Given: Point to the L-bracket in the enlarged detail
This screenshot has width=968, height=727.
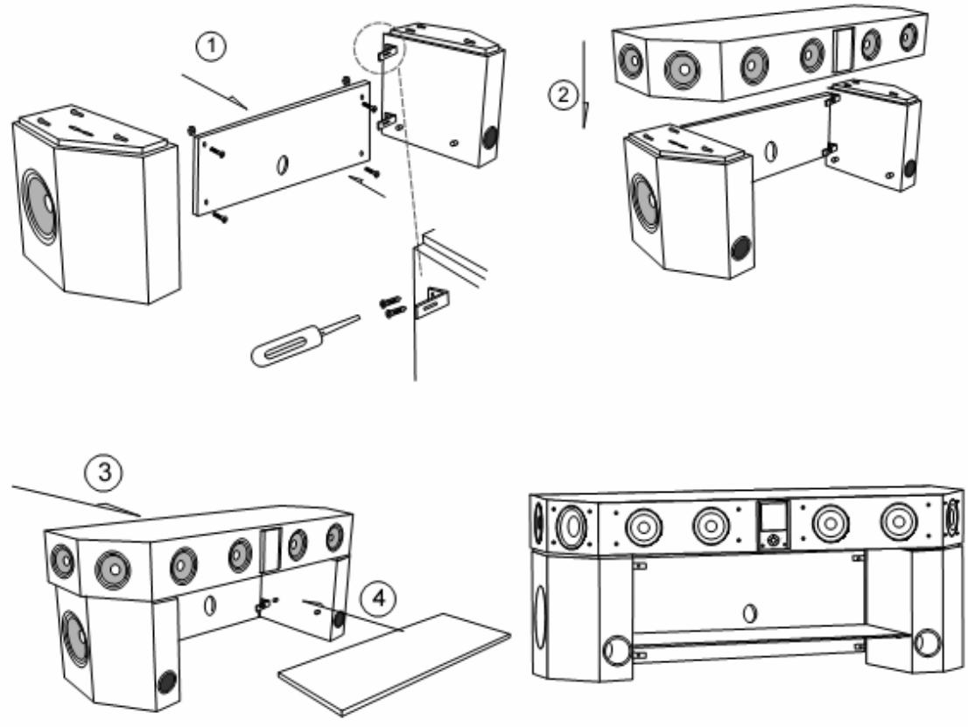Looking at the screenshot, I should point(429,304).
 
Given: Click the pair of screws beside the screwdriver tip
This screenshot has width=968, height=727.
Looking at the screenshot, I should point(391,306).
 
